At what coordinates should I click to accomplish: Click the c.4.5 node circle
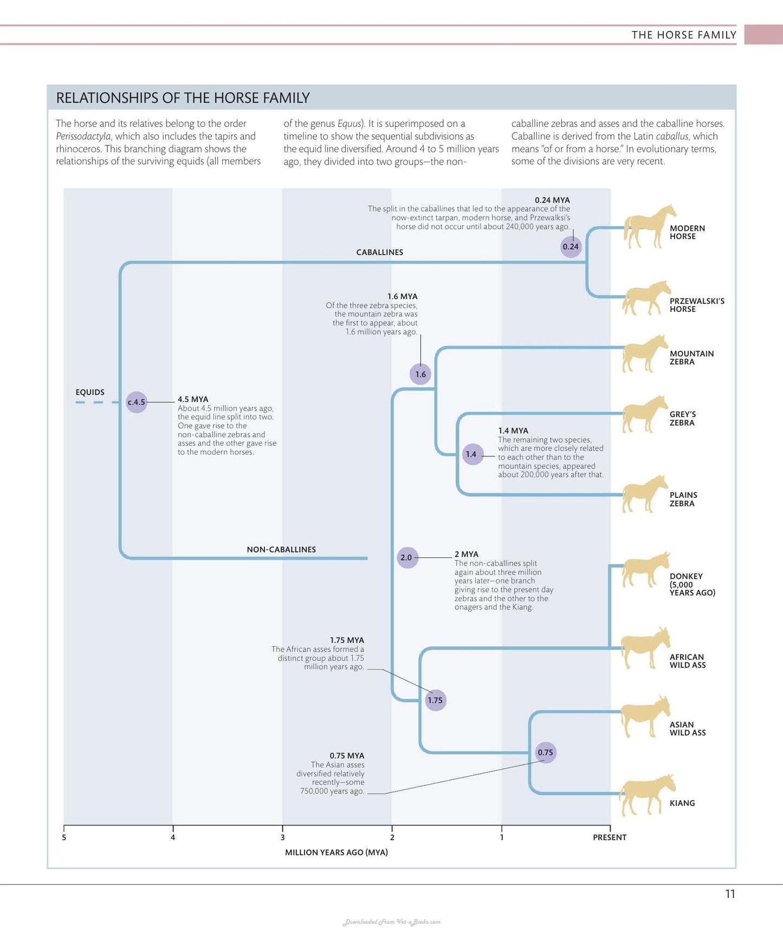coord(137,402)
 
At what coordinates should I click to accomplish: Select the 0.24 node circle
coord(571,246)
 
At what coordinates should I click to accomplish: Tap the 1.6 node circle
coord(420,374)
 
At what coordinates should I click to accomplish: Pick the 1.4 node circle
coord(471,454)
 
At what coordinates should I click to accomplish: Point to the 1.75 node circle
coord(435,700)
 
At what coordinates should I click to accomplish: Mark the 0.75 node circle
coord(545,752)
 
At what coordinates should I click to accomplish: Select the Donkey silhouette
coord(646,570)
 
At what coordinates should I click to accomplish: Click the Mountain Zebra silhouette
coord(645,354)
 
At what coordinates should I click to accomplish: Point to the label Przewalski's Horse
coord(697,305)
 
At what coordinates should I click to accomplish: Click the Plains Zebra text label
coord(683,499)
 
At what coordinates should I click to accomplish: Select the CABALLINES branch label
coord(379,252)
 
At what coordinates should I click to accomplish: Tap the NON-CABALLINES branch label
coord(281,549)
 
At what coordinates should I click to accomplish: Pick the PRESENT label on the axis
coord(610,837)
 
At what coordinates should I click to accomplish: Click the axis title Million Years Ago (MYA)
coord(337,852)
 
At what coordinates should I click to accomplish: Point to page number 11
coord(730,894)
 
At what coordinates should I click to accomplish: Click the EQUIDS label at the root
coord(90,392)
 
